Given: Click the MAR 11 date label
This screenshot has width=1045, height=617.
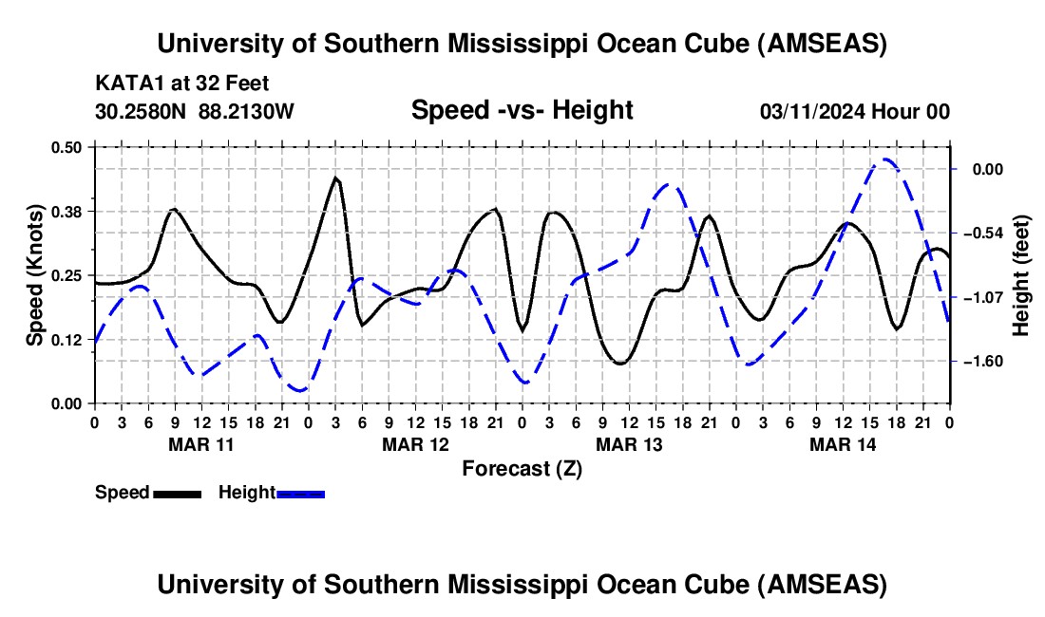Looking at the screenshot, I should click(200, 443).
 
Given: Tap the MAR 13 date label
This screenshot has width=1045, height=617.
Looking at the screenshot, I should click(628, 443).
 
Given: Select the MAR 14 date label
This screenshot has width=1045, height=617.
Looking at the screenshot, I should click(842, 443).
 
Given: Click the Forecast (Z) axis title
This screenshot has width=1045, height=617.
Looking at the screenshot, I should click(522, 468).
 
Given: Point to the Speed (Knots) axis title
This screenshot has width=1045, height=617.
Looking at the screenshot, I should click(35, 274).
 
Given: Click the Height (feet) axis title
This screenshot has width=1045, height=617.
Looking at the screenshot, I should click(1021, 274).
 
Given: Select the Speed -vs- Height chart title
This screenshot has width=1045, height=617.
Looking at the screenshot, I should click(522, 110).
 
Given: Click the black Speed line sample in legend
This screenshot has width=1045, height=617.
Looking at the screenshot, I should click(177, 493).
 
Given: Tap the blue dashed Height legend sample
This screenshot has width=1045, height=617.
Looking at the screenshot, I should click(300, 493).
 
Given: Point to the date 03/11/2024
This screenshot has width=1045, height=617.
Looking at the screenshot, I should click(816, 111).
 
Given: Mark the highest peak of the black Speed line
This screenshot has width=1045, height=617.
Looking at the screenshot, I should click(335, 177).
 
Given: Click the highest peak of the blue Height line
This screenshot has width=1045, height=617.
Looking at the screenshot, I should click(885, 159).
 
